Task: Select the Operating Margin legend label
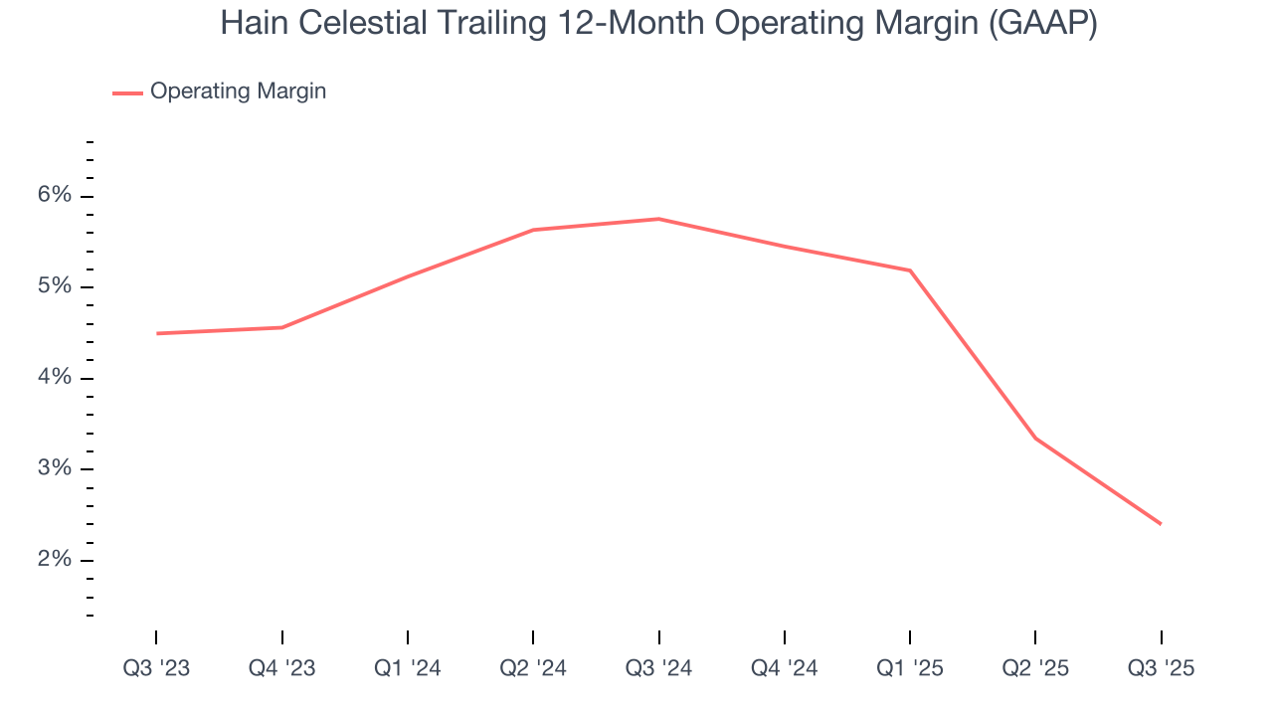(238, 91)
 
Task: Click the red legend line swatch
(127, 92)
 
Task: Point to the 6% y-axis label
(55, 196)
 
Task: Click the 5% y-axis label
(55, 287)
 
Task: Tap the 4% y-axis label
(55, 378)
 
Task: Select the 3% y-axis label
(55, 469)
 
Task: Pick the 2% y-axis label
(55, 560)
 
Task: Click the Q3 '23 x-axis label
(156, 669)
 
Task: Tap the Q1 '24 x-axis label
(407, 669)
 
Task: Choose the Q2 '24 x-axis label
(533, 669)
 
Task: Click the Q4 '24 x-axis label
(784, 669)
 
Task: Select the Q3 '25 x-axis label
(1161, 669)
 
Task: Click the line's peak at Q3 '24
(659, 219)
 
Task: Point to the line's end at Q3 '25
(1161, 524)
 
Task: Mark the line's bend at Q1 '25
(910, 270)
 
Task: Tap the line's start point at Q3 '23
(157, 333)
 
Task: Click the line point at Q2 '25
(1035, 438)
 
